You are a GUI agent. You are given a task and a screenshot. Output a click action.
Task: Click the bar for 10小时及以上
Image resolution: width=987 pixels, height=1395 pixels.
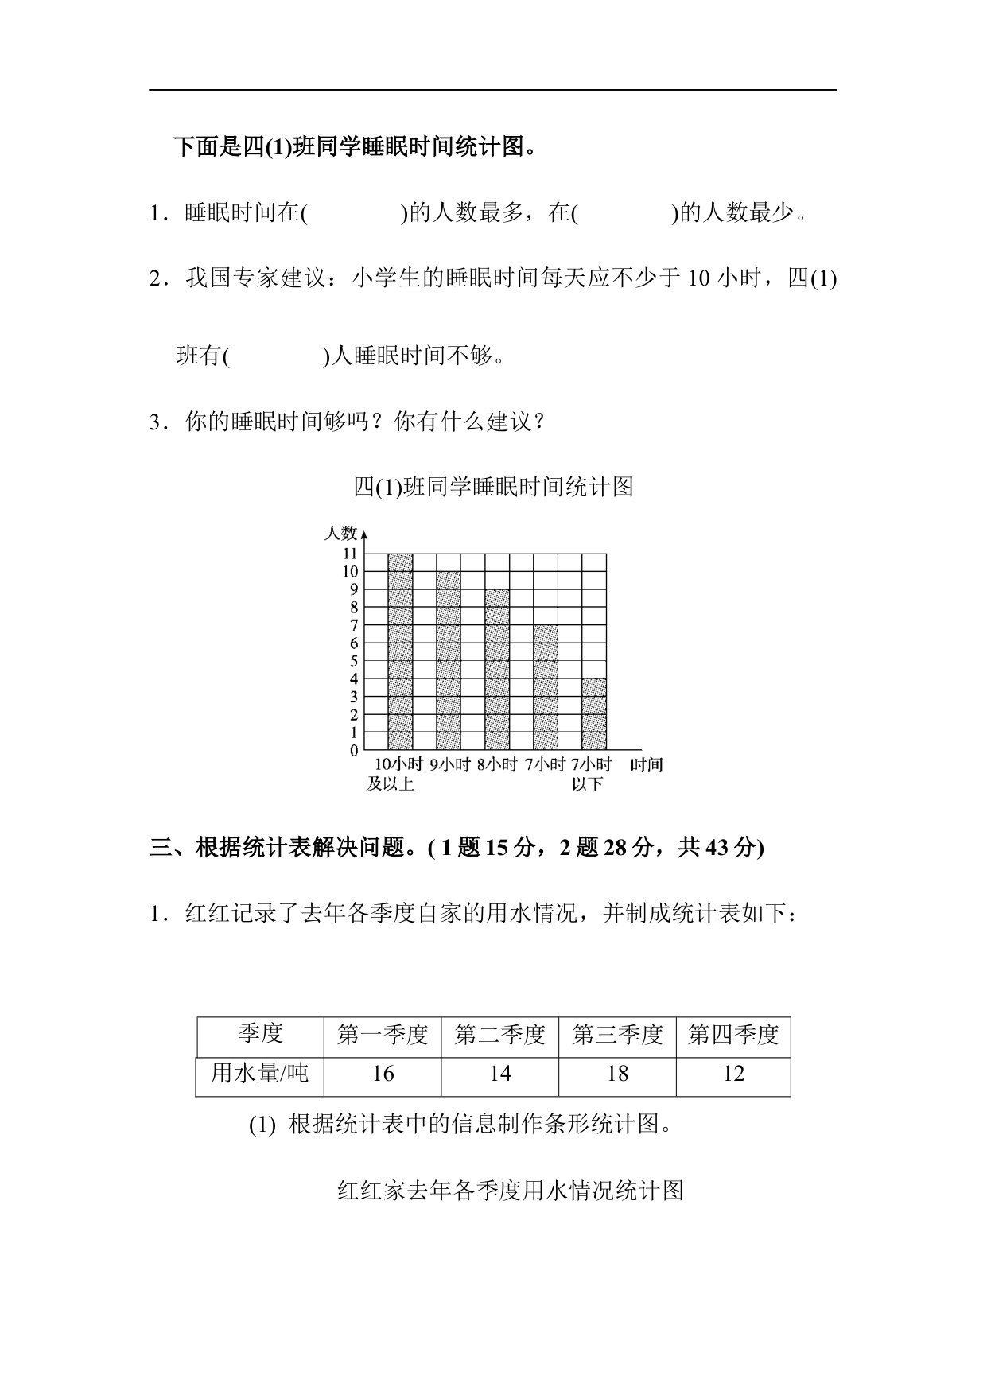click(400, 652)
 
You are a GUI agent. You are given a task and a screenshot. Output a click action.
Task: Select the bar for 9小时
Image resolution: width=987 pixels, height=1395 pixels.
click(449, 661)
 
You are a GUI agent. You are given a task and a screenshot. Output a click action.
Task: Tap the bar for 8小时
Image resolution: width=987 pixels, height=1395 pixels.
click(497, 670)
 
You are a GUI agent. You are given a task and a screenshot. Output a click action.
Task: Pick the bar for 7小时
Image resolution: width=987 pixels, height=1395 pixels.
click(546, 688)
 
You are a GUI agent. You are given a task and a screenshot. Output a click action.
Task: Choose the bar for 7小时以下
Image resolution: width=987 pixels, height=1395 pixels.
click(594, 714)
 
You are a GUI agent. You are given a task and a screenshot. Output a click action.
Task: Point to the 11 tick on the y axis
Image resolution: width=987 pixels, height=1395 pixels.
click(350, 554)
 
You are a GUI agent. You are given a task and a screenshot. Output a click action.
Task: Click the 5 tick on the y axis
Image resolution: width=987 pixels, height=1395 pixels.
click(354, 661)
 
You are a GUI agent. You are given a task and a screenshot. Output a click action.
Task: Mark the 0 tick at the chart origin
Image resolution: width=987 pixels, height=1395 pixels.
click(354, 751)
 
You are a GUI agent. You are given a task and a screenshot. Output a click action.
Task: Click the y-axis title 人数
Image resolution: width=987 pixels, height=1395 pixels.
click(340, 534)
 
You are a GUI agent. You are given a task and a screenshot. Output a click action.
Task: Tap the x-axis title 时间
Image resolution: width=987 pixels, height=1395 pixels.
click(646, 765)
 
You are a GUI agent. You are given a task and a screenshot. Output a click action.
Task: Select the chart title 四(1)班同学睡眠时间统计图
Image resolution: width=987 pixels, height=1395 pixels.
click(493, 486)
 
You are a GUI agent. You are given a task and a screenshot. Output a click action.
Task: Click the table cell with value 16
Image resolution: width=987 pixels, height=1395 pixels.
click(383, 1074)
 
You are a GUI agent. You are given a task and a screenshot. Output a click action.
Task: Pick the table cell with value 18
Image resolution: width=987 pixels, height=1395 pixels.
click(617, 1074)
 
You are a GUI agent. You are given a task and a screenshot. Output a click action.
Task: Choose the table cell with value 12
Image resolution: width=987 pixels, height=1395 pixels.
click(733, 1074)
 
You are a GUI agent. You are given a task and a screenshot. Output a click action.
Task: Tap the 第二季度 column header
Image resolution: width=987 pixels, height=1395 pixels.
click(499, 1035)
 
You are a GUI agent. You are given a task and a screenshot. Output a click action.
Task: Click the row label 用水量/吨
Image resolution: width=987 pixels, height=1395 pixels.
click(259, 1074)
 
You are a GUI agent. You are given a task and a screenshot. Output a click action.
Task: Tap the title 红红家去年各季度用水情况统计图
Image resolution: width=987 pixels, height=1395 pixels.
click(511, 1191)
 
